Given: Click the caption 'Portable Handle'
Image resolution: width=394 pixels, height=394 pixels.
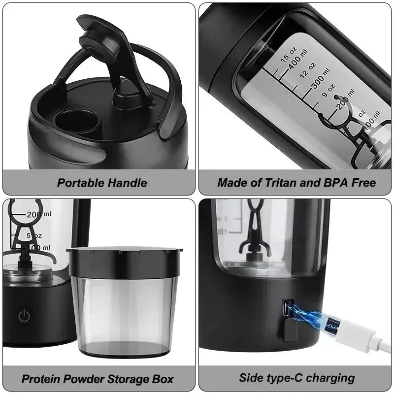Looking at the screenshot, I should coord(102,183).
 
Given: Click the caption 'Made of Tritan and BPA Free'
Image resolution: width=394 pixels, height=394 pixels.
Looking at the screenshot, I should coord(296,183).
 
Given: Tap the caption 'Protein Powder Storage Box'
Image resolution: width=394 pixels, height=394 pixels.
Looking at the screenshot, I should coord(98,379).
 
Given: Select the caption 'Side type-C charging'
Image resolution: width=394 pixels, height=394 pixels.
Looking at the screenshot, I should coord(297,378).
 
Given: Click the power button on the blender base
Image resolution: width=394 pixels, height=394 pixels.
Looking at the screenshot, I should coord(24,316).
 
